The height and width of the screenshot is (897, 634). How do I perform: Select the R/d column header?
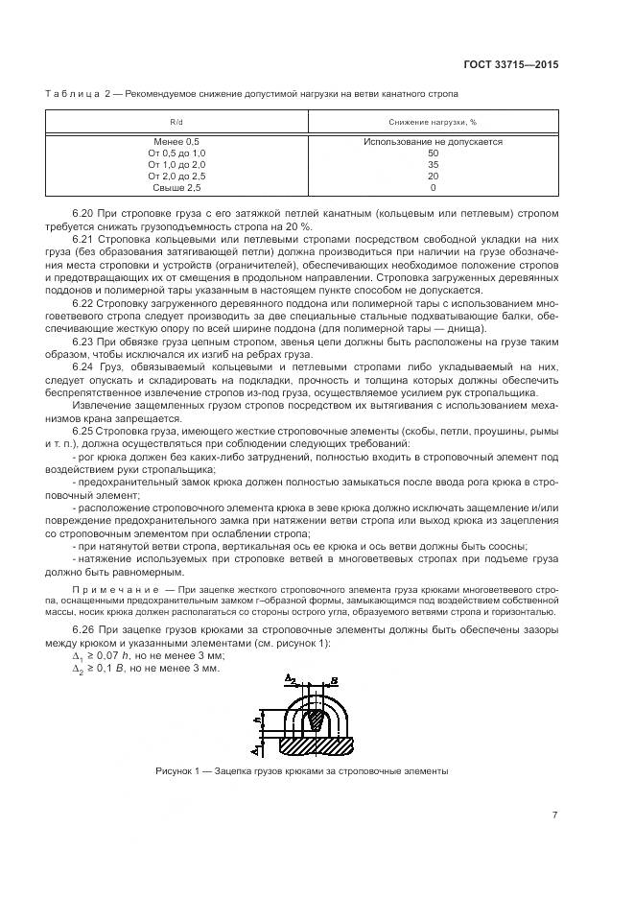tap(176, 122)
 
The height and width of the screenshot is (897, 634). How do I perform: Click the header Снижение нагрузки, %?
tap(433, 122)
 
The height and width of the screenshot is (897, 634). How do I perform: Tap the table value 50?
tap(433, 153)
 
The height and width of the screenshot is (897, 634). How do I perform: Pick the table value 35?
tap(433, 165)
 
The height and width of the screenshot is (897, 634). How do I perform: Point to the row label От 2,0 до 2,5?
tap(176, 177)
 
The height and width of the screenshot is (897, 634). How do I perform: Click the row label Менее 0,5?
tap(176, 142)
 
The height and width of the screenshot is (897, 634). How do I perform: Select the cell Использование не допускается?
tap(433, 142)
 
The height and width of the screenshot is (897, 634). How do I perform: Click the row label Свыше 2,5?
tap(176, 188)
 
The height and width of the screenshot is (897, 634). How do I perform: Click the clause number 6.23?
tap(85, 341)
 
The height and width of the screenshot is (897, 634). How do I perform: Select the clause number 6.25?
tap(85, 432)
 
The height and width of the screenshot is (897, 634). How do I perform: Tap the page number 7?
tap(554, 814)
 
